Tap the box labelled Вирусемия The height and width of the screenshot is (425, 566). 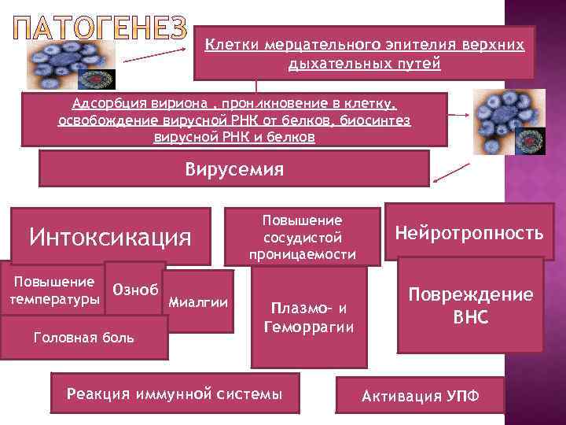(x=234, y=169)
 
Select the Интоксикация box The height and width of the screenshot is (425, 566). (x=110, y=235)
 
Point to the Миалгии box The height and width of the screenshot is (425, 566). (x=199, y=302)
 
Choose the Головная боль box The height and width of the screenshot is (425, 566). (x=85, y=338)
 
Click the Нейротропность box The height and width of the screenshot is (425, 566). (x=469, y=233)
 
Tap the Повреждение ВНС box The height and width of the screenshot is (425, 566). (x=470, y=305)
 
